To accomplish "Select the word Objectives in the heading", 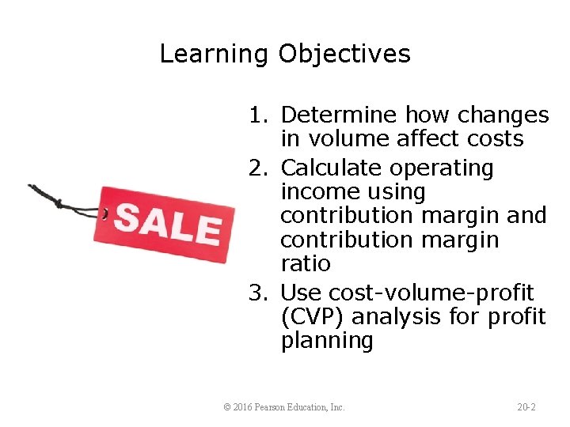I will click(x=344, y=55).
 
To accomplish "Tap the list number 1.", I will click(x=257, y=115).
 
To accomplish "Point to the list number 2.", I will click(x=257, y=168).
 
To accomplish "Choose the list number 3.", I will click(x=257, y=293).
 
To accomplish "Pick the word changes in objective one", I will click(x=503, y=115).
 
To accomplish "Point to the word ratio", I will click(x=306, y=263).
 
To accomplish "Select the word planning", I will click(x=326, y=342).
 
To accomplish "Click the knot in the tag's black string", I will click(x=57, y=203).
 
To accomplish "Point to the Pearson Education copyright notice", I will click(x=284, y=407).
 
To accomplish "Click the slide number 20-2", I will click(x=526, y=407).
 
